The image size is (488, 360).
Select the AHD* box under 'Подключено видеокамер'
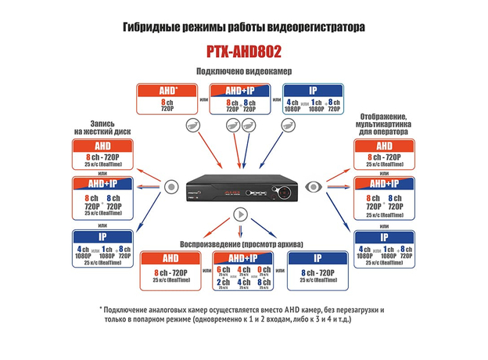click(x=167, y=98)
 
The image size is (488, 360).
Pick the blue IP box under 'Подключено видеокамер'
click(x=312, y=98)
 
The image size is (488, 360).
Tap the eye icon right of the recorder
click(x=315, y=187)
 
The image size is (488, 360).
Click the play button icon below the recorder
click(x=239, y=214)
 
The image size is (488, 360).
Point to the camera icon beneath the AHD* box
click(x=192, y=126)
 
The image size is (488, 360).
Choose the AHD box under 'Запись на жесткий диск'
click(x=102, y=155)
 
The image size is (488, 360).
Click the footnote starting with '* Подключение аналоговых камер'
click(x=242, y=315)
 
